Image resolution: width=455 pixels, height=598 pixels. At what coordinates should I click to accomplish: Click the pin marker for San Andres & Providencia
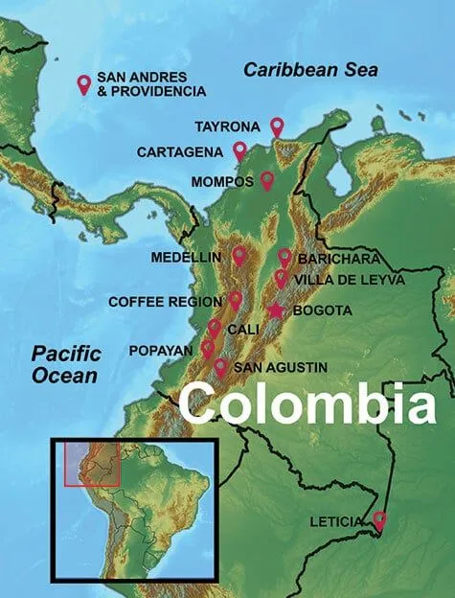83,84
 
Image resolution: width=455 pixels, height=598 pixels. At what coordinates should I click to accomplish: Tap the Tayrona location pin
277,126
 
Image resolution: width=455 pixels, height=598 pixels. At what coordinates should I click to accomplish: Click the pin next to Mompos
267,180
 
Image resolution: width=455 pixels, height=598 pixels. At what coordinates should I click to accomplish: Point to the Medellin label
186,257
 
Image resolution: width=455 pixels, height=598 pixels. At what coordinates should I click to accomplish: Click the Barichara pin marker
284,257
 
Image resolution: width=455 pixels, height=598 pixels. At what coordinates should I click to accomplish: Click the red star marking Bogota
276,310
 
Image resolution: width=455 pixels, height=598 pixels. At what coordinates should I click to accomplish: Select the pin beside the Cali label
215,329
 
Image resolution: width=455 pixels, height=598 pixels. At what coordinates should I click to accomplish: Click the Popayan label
160,351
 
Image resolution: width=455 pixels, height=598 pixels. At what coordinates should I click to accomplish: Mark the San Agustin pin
221,367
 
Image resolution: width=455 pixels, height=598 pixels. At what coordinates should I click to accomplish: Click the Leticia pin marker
379,521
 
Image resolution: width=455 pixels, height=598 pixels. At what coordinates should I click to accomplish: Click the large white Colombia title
307,403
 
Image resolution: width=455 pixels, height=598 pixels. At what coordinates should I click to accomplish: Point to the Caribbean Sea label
310,70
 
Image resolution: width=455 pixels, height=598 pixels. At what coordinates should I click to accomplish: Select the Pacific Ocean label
65,364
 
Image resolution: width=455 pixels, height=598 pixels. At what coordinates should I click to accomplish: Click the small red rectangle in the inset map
91,464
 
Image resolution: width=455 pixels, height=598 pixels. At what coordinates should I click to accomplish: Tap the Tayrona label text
226,126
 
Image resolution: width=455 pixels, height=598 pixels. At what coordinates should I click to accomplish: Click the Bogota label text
325,310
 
